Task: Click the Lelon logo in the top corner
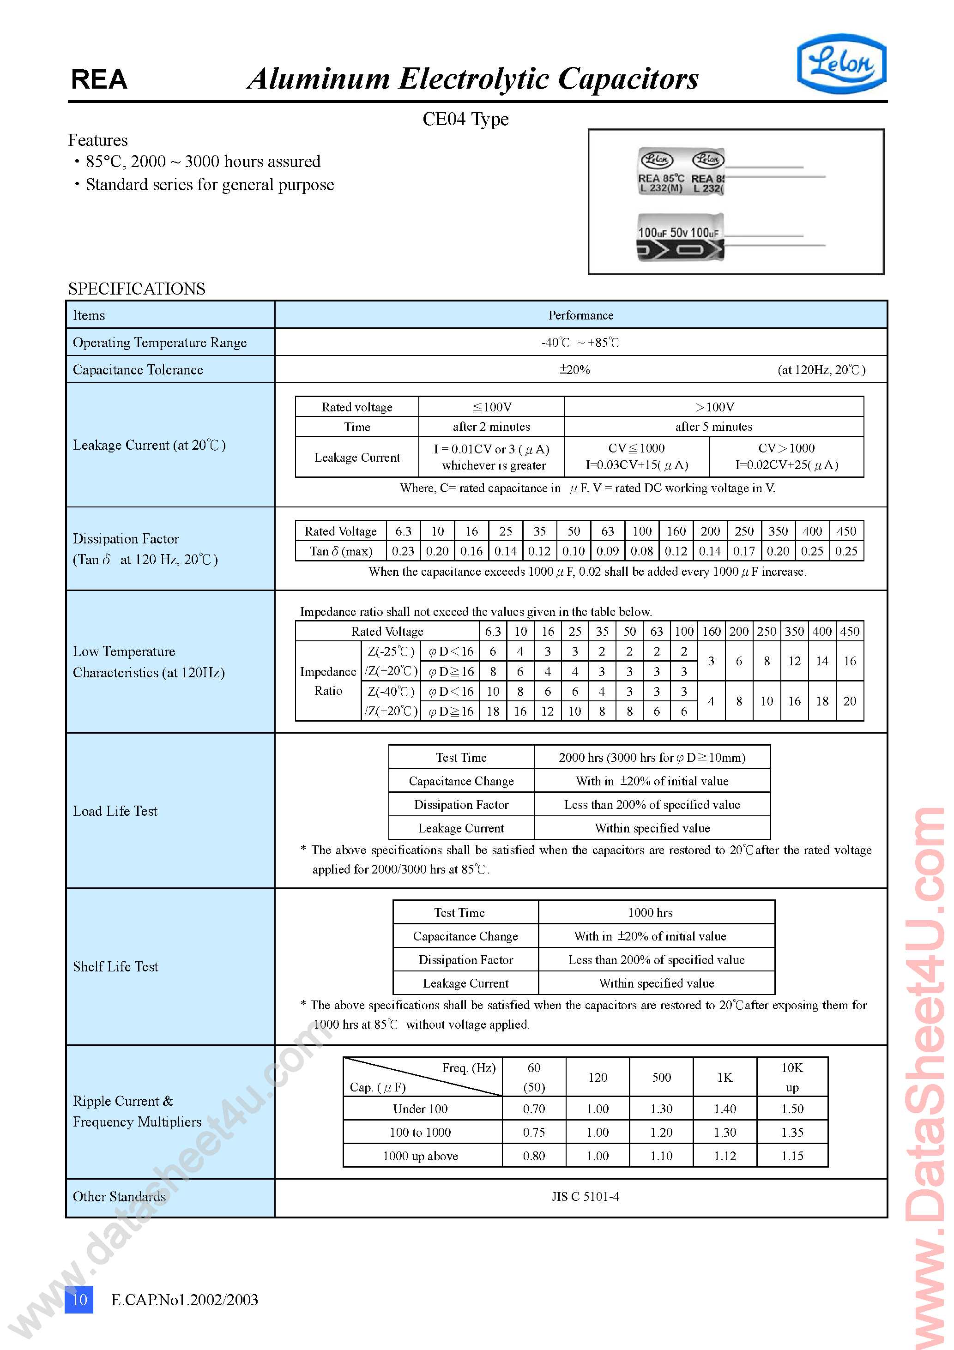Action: [841, 64]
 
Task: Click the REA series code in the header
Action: [99, 79]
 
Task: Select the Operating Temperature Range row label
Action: [159, 343]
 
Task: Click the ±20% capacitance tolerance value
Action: [574, 370]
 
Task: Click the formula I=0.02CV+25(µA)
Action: [786, 465]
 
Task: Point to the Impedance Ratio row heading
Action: [327, 681]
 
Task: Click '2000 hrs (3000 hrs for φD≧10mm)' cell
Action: [652, 757]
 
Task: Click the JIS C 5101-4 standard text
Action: [585, 1197]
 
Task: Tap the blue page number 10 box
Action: [79, 1299]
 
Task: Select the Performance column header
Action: [580, 315]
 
